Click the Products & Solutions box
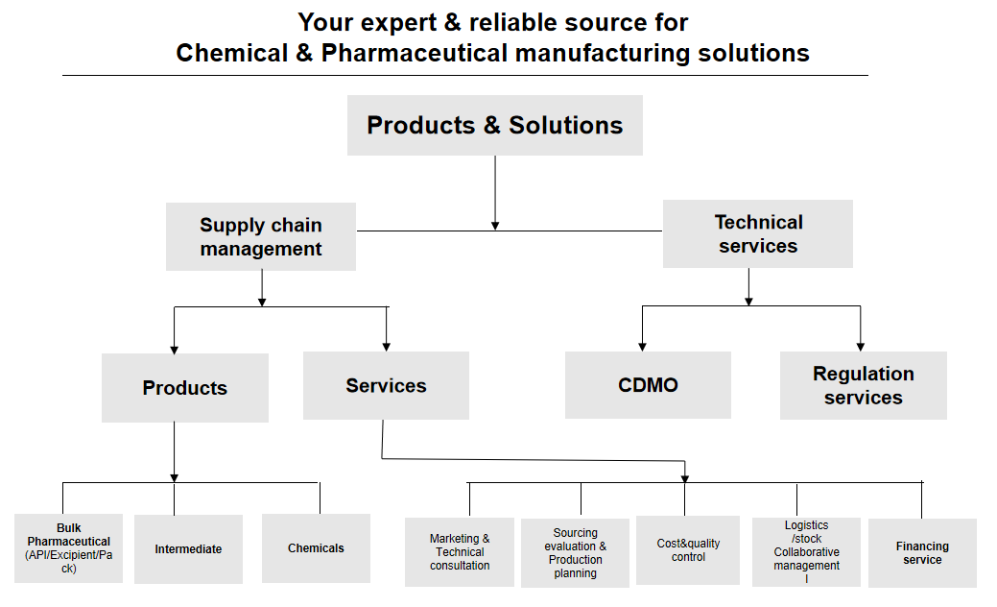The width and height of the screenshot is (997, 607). pos(494,125)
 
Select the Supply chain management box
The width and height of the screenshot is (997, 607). pos(260,236)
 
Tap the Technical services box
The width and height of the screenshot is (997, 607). pos(757,233)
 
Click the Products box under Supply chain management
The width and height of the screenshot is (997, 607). pos(184,388)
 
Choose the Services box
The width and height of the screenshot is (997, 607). pos(386,385)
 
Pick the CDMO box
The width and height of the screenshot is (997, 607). pos(648,385)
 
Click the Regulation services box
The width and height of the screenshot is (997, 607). pos(863,385)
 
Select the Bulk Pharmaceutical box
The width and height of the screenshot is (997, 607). pos(68,548)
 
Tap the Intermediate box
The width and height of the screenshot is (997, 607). pos(188,549)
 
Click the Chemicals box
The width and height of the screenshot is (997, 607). pos(316,548)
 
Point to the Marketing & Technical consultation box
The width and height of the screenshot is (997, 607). pos(460,552)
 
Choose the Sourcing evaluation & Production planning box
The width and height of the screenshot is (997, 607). pos(575,553)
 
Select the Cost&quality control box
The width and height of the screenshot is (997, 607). pos(687,550)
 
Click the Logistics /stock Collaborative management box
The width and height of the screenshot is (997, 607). pos(806,552)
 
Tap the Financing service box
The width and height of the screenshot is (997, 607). pos(922,553)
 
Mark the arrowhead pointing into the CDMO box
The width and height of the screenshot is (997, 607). pos(642,346)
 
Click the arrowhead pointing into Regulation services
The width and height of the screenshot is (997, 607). pos(860,346)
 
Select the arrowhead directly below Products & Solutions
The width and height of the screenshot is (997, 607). pos(495,225)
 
